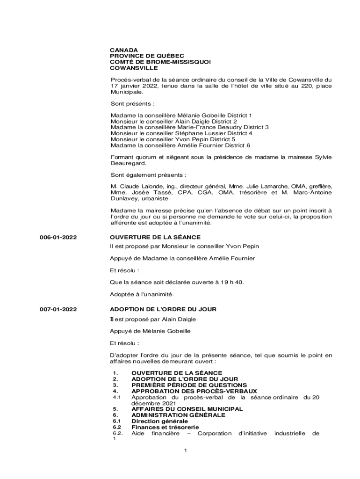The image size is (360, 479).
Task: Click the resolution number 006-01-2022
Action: click(58, 238)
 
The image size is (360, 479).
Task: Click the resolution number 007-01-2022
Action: click(58, 310)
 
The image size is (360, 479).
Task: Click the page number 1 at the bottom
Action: click(186, 450)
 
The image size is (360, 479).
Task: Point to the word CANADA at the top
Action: click(124, 50)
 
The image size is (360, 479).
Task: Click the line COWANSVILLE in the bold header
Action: click(134, 68)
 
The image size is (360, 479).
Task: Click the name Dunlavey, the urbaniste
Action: click(125, 198)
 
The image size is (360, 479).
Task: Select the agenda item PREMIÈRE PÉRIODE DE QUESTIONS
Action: click(189, 385)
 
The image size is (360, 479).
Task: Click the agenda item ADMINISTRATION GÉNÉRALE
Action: click(178, 415)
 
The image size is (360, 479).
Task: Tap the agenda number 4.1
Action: click(117, 397)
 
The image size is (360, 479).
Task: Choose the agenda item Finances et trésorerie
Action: click(165, 427)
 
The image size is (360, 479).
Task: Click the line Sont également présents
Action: click(148, 175)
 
